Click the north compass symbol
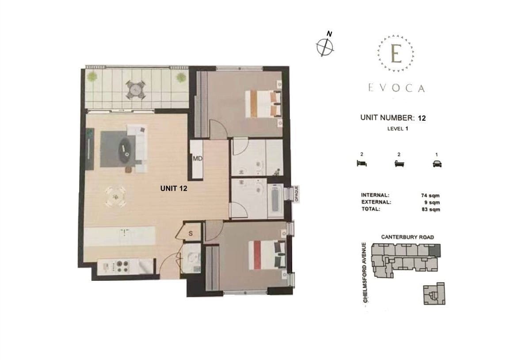tap(325, 46)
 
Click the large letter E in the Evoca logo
tap(396, 54)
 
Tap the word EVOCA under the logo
tap(396, 88)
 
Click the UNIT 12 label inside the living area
tap(174, 188)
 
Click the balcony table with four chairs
tap(135, 90)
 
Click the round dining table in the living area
tap(115, 196)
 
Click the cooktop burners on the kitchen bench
tap(120, 266)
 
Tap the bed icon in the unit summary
tap(361, 164)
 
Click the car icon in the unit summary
tap(437, 164)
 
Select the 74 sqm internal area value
tap(431, 195)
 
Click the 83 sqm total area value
tap(431, 210)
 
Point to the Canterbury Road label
tap(407, 237)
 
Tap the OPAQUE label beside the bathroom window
tap(297, 194)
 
